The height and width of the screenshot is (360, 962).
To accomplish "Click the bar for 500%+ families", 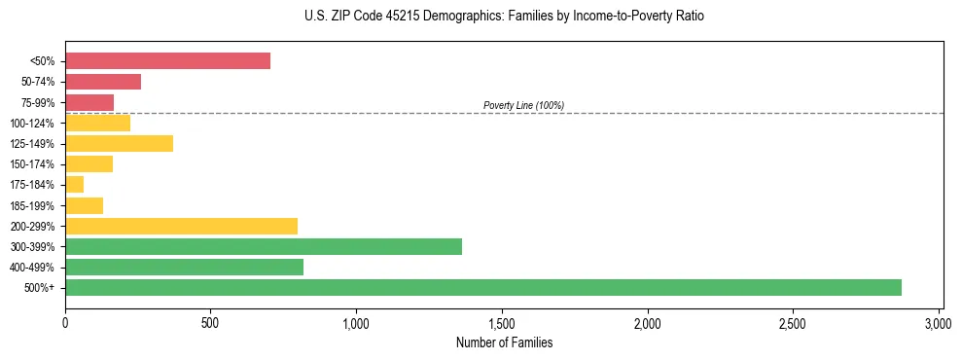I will tap(483, 287).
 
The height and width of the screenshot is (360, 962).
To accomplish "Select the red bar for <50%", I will tap(167, 61).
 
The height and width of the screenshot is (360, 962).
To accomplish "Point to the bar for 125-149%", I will tap(119, 144).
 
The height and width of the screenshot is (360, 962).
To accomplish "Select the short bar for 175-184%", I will tap(74, 185).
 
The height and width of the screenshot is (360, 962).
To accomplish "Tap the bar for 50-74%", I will tap(103, 82).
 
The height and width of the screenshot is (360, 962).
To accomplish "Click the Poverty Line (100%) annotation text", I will tap(523, 105).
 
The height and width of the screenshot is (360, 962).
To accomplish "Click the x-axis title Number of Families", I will tap(504, 342).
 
